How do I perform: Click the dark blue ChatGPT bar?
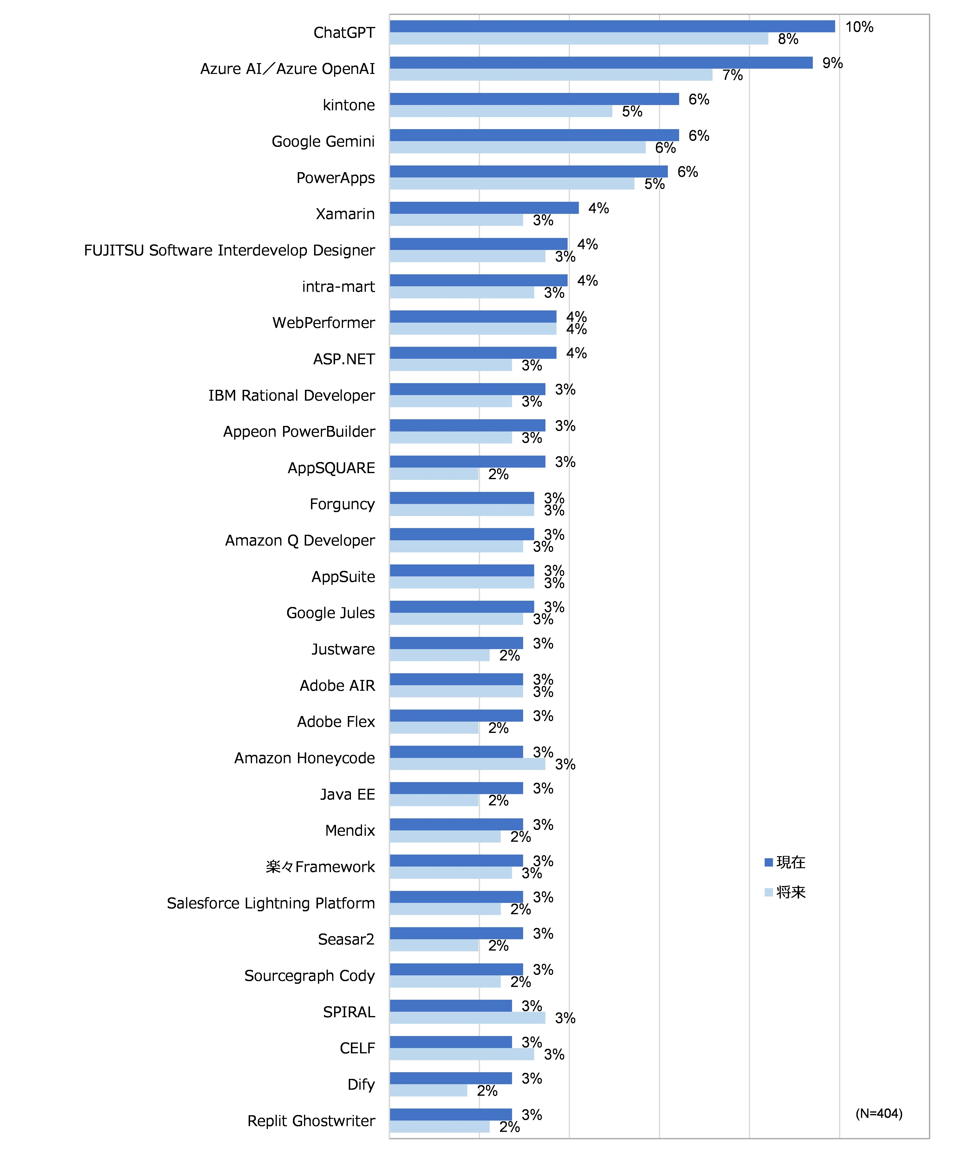[612, 26]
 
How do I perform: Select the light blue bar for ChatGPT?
[578, 39]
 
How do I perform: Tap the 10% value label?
[859, 27]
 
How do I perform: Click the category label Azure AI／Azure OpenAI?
[287, 69]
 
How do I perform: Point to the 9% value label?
[832, 63]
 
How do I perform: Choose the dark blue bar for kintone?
[534, 99]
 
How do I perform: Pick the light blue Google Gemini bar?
[517, 147]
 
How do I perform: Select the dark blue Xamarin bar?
[484, 208]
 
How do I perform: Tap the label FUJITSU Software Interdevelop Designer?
[229, 251]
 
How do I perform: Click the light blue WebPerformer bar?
[473, 329]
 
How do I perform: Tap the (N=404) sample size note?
[879, 1113]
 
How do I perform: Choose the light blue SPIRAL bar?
[467, 1018]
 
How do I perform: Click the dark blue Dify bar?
[451, 1078]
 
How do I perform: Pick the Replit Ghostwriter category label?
[311, 1121]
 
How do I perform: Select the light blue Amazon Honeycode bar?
[467, 764]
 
